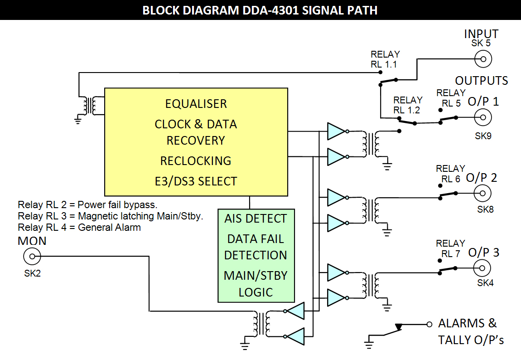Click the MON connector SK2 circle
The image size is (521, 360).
click(32, 257)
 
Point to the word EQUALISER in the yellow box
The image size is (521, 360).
click(196, 104)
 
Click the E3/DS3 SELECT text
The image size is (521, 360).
click(196, 181)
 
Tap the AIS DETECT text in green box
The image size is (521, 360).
click(256, 219)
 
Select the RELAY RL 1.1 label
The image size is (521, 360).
click(384, 59)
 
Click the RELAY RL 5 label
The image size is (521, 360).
click(451, 98)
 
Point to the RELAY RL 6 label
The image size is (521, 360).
click(450, 174)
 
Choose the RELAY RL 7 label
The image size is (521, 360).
click(450, 248)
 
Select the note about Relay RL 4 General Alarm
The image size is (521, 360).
click(79, 228)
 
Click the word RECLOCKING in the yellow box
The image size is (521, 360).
click(196, 161)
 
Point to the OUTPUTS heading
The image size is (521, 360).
click(482, 81)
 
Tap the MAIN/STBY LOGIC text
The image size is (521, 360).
click(256, 283)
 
